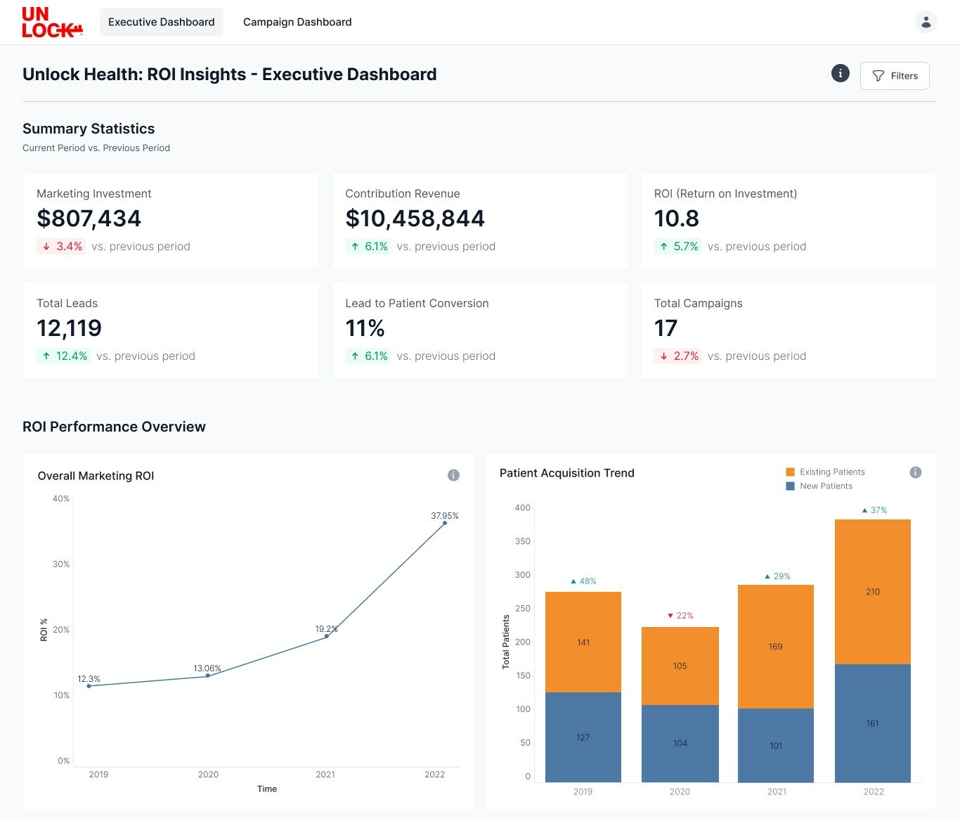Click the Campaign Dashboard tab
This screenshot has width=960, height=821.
coord(297,22)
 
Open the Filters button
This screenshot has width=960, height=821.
coord(895,76)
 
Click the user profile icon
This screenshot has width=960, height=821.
coord(926,22)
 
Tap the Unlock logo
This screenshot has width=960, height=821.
coord(53,22)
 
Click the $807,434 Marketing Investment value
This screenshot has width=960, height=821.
coord(89,219)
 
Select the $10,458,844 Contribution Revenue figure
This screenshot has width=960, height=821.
coord(415,219)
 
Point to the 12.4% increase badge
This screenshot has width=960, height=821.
coord(64,356)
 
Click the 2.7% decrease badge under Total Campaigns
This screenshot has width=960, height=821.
coord(677,356)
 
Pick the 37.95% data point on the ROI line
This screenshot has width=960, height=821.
coord(444,523)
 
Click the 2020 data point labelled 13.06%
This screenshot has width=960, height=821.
coord(207,675)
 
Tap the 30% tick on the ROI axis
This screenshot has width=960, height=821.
coord(61,564)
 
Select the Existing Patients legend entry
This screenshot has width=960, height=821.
coord(825,472)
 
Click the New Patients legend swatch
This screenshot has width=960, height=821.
coord(790,486)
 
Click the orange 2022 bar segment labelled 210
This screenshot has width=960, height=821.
coord(873,592)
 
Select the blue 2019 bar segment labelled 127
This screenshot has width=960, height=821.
coord(583,737)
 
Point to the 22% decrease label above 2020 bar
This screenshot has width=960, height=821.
coord(680,616)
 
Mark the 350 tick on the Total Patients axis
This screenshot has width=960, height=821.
coord(522,541)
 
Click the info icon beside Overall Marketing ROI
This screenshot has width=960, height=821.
coord(453,475)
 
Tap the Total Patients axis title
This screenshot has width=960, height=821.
coord(506,642)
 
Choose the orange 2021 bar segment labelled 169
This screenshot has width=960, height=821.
coord(776,647)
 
